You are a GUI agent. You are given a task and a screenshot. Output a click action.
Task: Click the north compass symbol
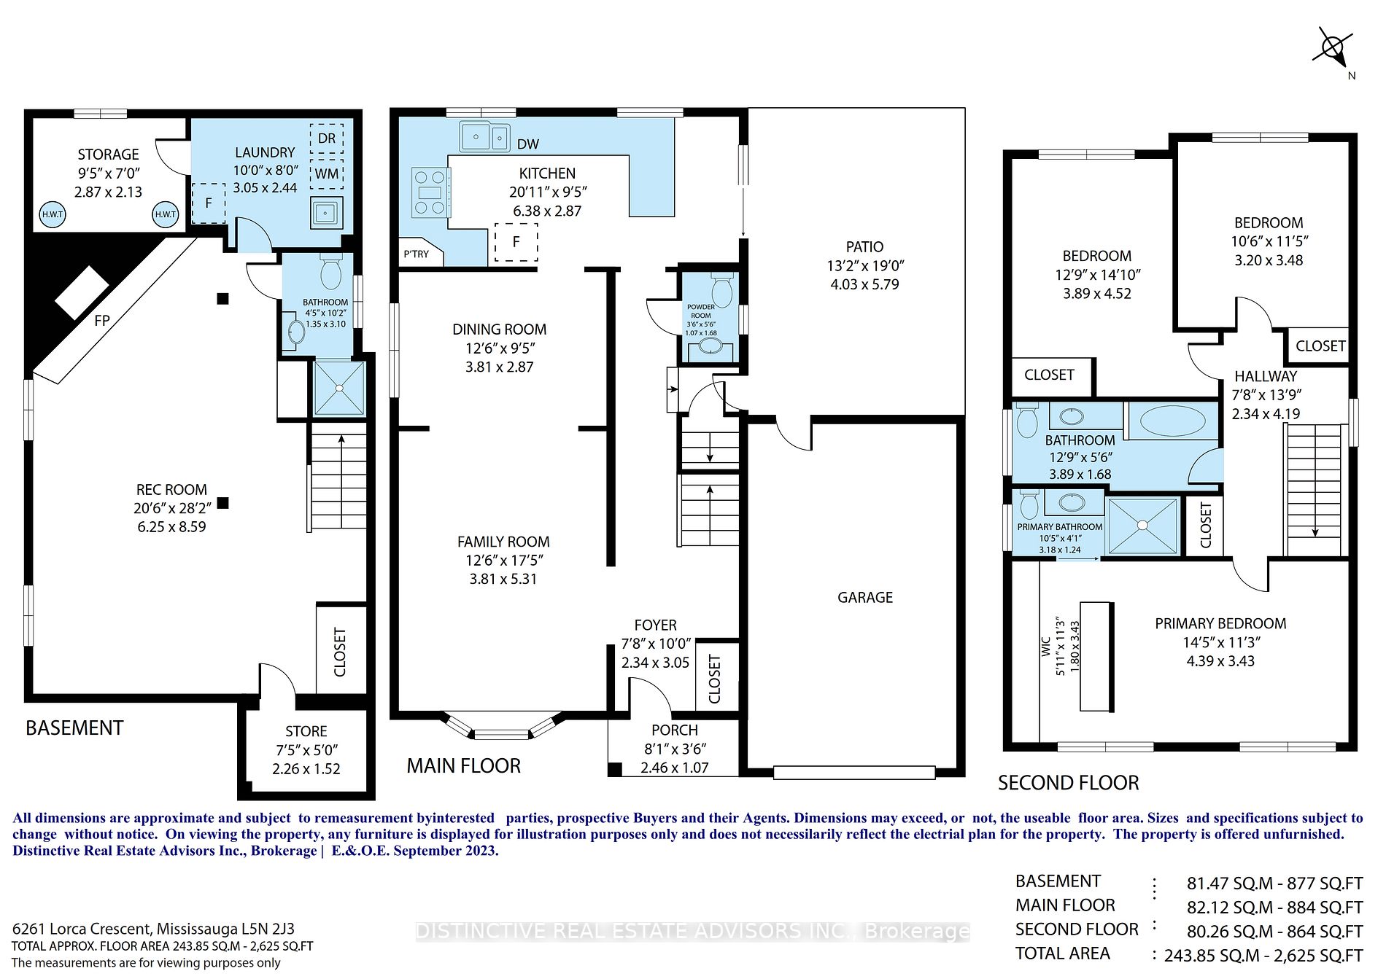pyautogui.click(x=1333, y=50)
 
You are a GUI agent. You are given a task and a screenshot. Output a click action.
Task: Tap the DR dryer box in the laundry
pyautogui.click(x=327, y=138)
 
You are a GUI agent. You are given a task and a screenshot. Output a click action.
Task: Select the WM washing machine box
pyautogui.click(x=327, y=173)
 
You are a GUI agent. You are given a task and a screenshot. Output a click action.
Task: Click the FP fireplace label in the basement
pyautogui.click(x=102, y=320)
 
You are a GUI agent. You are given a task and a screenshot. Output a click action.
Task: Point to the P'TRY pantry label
pyautogui.click(x=417, y=254)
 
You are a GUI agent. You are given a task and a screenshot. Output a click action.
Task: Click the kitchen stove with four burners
pyautogui.click(x=430, y=192)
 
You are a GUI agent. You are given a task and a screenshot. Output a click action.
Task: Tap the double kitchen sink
pyautogui.click(x=484, y=136)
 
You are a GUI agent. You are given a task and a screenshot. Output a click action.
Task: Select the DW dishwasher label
pyautogui.click(x=528, y=144)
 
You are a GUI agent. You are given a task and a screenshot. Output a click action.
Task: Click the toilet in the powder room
pyautogui.click(x=721, y=290)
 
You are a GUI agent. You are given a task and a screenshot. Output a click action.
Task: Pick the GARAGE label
pyautogui.click(x=865, y=598)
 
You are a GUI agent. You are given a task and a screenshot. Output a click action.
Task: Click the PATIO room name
pyautogui.click(x=865, y=247)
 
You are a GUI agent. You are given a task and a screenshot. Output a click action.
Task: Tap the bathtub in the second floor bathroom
pyautogui.click(x=1173, y=421)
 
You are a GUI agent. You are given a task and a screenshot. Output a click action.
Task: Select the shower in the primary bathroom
pyautogui.click(x=1142, y=526)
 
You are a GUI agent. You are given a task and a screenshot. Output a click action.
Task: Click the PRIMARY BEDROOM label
pyautogui.click(x=1220, y=623)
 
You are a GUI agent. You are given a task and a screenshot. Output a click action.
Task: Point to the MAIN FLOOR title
pyautogui.click(x=464, y=765)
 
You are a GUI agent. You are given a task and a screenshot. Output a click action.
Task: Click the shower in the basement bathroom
pyautogui.click(x=339, y=389)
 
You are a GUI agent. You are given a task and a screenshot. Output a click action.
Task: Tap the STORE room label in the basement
pyautogui.click(x=306, y=731)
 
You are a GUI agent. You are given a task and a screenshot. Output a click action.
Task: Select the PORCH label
pyautogui.click(x=675, y=730)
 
